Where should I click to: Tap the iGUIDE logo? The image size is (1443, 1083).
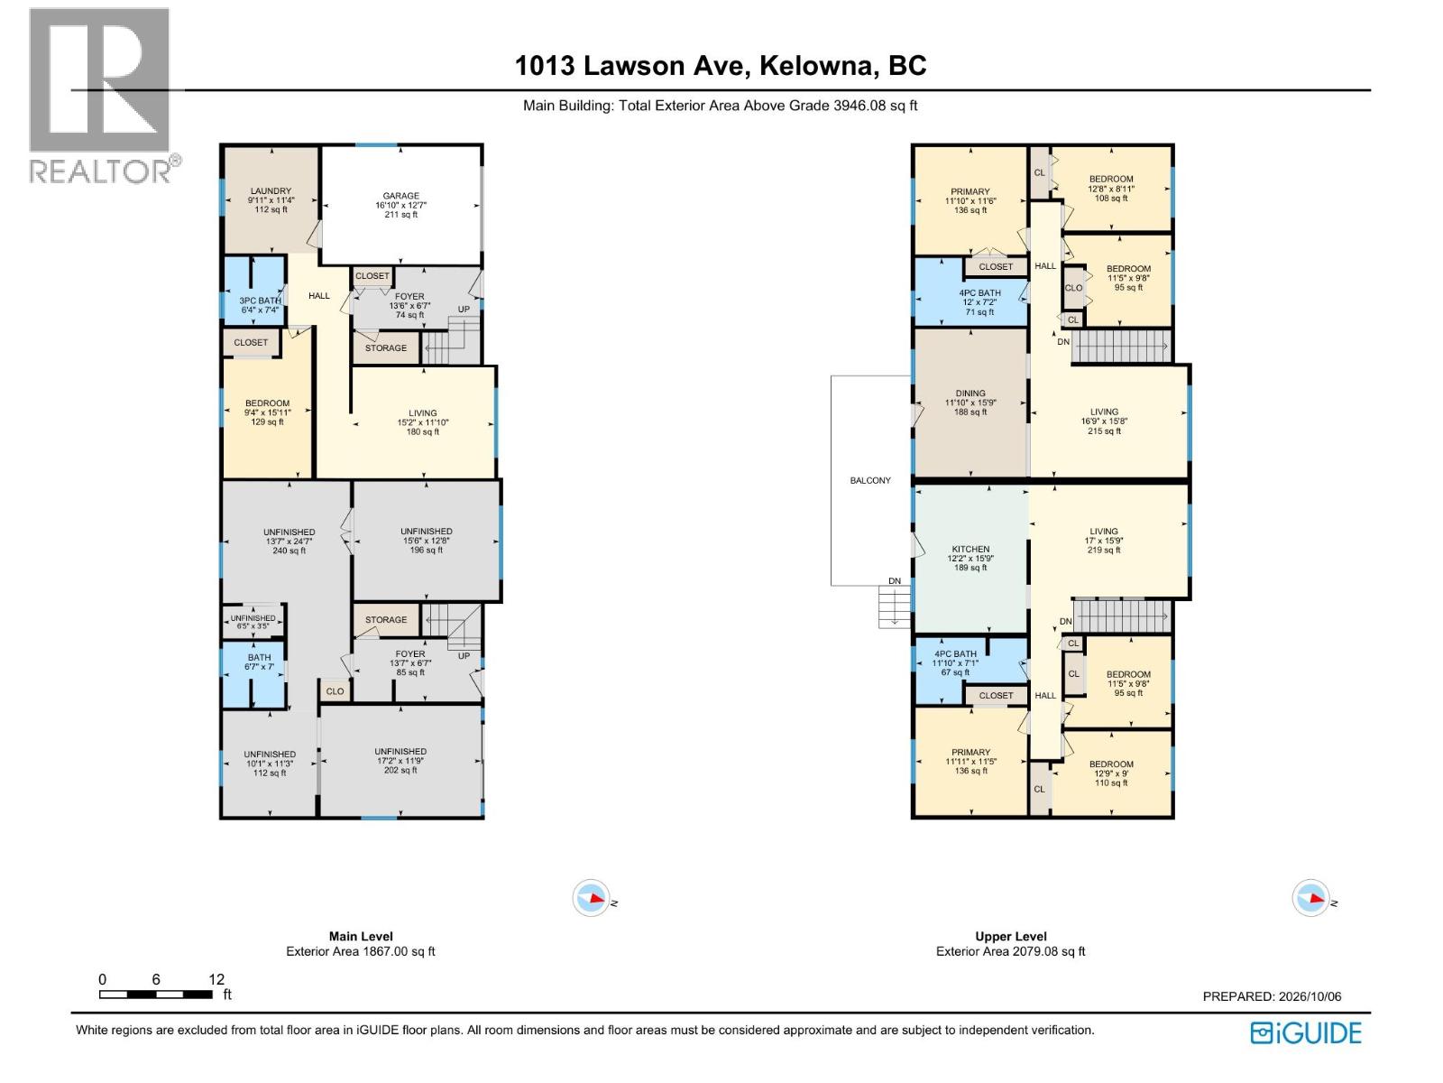[1306, 1033]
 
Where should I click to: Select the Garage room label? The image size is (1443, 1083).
[401, 205]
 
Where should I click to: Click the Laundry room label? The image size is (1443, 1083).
[271, 199]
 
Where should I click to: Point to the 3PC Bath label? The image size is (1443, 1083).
[260, 305]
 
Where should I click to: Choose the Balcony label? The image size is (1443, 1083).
[870, 481]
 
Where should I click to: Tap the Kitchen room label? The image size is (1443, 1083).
[970, 559]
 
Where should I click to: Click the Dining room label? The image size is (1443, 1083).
[970, 403]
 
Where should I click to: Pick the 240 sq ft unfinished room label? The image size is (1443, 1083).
[290, 541]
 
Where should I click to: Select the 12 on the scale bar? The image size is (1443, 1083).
[216, 979]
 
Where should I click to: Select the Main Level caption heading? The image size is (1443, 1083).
[361, 937]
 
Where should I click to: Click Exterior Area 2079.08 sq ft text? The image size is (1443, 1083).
[1010, 951]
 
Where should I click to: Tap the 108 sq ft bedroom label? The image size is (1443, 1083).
[1111, 188]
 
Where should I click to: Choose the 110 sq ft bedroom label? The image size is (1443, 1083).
[1111, 773]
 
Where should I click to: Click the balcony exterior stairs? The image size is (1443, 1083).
[895, 606]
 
